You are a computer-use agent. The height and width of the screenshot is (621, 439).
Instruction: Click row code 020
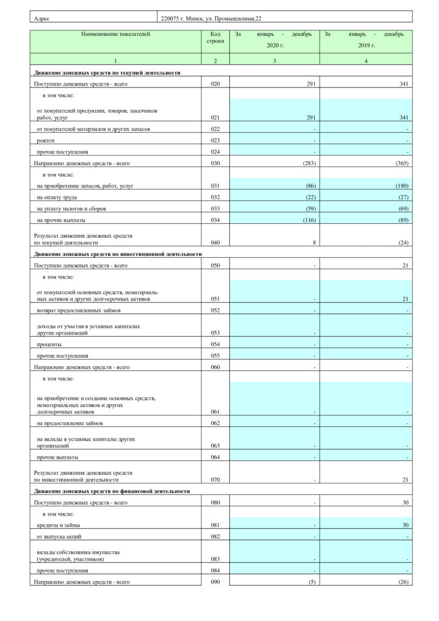pyautogui.click(x=215, y=84)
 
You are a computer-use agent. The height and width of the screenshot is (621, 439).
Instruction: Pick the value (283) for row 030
pyautogui.click(x=305, y=163)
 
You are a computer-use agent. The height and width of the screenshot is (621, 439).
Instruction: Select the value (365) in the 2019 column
pyautogui.click(x=401, y=163)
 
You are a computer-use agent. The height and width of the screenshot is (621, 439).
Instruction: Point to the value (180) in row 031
pyautogui.click(x=401, y=186)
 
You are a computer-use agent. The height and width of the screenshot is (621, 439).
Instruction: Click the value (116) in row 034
pyautogui.click(x=306, y=220)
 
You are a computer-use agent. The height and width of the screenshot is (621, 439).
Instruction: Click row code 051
pyautogui.click(x=215, y=300)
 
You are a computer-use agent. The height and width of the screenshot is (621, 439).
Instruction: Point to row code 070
pyautogui.click(x=215, y=480)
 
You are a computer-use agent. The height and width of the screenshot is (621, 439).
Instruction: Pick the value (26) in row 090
pyautogui.click(x=403, y=582)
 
